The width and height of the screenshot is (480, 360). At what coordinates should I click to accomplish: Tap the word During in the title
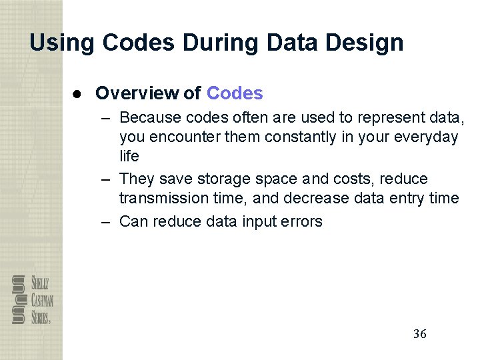[223, 43]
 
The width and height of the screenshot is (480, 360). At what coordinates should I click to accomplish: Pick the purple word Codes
[235, 93]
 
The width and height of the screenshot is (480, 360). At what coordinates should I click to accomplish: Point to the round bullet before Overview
[78, 93]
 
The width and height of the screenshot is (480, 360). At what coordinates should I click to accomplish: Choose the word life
[129, 156]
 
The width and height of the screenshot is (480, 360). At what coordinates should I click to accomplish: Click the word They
[137, 179]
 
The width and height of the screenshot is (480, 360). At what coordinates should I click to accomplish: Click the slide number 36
[419, 334]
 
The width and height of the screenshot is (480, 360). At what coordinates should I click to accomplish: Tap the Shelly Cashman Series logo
[31, 299]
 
